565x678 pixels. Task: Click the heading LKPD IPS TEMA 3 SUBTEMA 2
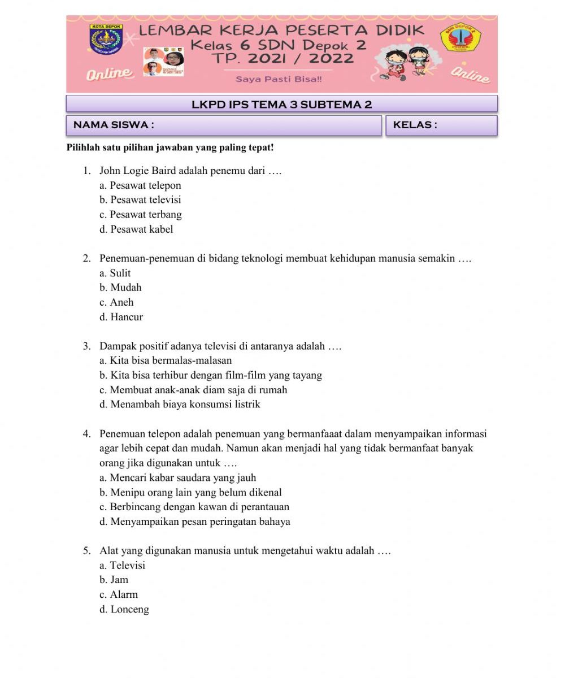click(x=281, y=104)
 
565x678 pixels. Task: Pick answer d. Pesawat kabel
click(x=136, y=229)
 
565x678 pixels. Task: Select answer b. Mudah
click(x=120, y=288)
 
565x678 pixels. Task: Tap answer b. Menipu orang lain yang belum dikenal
click(x=190, y=493)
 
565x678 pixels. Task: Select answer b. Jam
click(x=114, y=580)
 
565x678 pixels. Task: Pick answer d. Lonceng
click(x=124, y=609)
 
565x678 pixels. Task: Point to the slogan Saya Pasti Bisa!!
click(x=279, y=80)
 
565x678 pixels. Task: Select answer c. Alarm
click(x=119, y=594)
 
